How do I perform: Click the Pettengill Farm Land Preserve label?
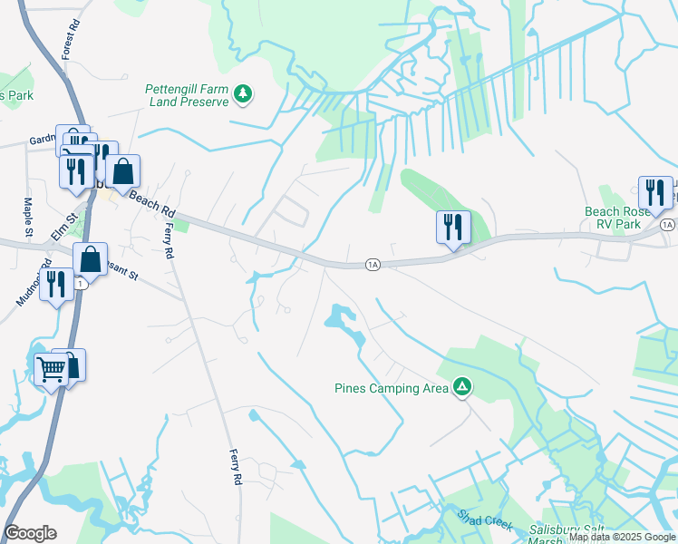[x=187, y=95]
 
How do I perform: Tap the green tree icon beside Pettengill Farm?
[x=243, y=92]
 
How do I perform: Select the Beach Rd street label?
[x=151, y=203]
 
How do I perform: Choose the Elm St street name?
[x=61, y=223]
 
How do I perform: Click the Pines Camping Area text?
[x=391, y=388]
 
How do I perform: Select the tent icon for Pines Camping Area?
[x=462, y=388]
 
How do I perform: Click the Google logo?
[x=30, y=533]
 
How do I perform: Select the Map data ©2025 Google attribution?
[x=622, y=538]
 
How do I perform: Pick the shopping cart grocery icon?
[x=51, y=369]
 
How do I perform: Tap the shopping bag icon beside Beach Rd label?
[x=122, y=170]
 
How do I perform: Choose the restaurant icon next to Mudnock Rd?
[x=56, y=285]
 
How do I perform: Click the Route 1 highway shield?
[x=81, y=284]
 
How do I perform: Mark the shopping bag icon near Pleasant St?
[x=91, y=258]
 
